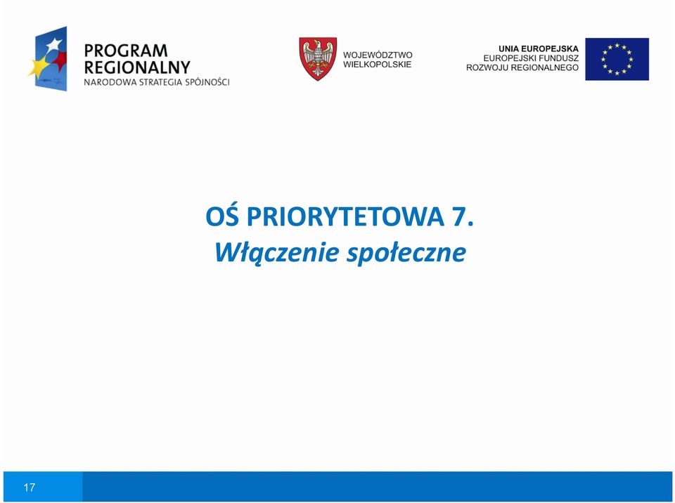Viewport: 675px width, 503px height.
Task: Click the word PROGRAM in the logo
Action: [x=126, y=51]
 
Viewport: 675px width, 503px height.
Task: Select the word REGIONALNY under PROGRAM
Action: [x=137, y=67]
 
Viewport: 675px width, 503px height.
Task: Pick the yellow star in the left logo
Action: [x=39, y=67]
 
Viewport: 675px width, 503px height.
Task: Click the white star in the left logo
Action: [x=54, y=45]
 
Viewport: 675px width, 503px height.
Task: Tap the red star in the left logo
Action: [x=60, y=60]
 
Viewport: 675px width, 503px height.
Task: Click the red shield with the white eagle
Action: [x=318, y=58]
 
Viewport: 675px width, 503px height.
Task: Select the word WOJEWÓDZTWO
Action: [x=378, y=55]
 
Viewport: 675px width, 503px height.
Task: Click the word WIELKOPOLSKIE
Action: [x=377, y=65]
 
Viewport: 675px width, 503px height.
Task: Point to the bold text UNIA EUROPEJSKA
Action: [x=539, y=49]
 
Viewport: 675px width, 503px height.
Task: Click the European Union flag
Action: [x=617, y=59]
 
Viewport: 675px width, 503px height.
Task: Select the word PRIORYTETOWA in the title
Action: [x=345, y=216]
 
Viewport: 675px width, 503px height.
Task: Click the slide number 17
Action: [x=30, y=487]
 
